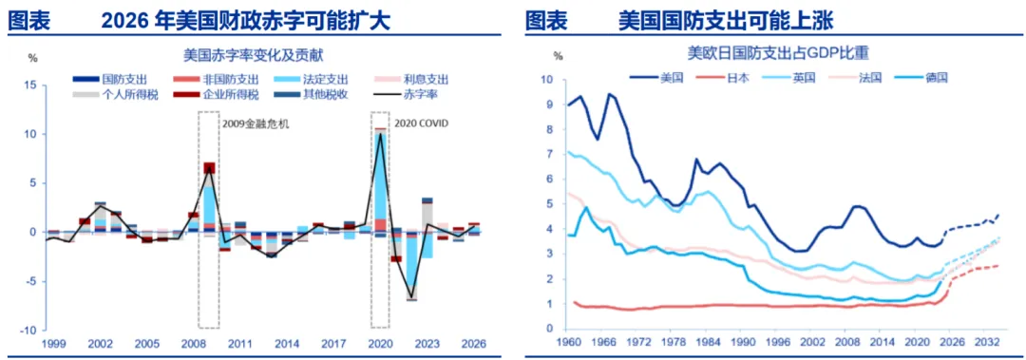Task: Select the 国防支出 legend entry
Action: point(110,80)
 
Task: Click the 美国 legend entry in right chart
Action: point(656,77)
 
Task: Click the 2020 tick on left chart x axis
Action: point(379,344)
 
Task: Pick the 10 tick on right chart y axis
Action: point(548,80)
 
